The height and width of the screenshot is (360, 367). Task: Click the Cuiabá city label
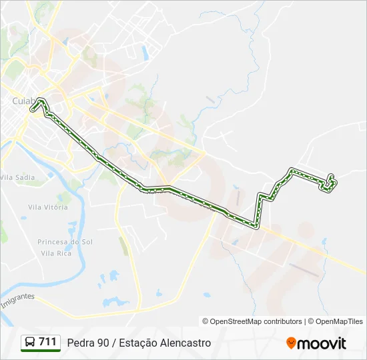coord(24,101)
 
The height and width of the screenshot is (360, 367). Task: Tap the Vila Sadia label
coord(17,177)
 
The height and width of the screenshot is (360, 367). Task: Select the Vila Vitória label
coord(48,207)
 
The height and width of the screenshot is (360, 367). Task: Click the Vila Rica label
coord(56,254)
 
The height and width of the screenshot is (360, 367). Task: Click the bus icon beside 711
coord(30,342)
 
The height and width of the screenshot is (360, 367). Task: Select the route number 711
coord(48,342)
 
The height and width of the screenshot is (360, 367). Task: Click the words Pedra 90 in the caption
coord(87,343)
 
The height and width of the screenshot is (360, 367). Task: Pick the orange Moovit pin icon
coord(291,343)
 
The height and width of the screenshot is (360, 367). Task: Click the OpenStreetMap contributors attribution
coord(252,321)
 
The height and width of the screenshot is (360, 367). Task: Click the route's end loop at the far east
coord(330,182)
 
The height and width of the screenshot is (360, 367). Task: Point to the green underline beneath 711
coord(41,351)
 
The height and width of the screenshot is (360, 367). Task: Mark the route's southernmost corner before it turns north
coord(256,227)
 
